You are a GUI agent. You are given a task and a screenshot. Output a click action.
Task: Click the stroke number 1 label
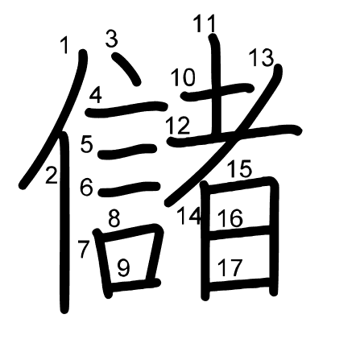click(64, 45)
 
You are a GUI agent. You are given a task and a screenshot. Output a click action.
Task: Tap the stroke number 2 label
click(52, 175)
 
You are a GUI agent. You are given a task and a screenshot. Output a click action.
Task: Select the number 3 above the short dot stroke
click(111, 39)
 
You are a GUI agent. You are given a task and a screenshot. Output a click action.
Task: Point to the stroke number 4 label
click(96, 96)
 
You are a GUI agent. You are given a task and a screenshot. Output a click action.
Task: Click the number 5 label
click(87, 144)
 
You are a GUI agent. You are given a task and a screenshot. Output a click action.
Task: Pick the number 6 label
click(86, 187)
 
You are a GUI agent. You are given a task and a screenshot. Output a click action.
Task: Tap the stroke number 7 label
click(83, 249)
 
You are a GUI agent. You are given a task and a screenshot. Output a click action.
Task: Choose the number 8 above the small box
click(114, 219)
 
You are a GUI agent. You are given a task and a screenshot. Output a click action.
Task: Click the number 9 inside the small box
click(124, 268)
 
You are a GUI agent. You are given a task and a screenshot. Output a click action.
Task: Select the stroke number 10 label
click(184, 77)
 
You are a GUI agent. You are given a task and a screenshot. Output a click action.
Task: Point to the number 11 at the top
click(205, 23)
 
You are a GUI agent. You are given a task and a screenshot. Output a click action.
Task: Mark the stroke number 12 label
click(178, 126)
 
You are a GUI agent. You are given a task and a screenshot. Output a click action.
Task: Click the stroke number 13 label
click(261, 58)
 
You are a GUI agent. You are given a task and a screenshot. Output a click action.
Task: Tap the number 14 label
click(188, 216)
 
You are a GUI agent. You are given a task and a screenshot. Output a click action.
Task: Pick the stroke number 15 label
click(239, 168)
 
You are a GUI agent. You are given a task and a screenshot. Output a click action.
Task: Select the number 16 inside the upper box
click(230, 218)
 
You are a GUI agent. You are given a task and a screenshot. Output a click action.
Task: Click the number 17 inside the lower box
click(230, 267)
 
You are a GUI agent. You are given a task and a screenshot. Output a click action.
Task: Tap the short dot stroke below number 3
click(126, 68)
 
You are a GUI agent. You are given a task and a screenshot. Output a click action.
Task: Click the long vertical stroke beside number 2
click(64, 223)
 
